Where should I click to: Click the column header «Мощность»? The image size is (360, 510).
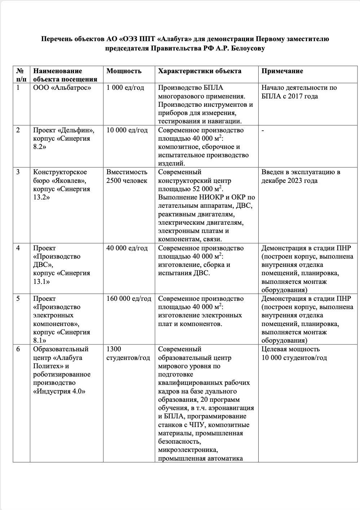tap(124, 71)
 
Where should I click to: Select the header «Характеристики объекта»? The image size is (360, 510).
tap(199, 71)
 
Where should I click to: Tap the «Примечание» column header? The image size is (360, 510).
tap(282, 71)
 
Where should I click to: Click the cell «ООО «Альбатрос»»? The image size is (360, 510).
tap(62, 88)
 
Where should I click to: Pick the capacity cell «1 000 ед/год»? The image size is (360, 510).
tap(125, 88)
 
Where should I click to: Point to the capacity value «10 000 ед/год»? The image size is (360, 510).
tap(127, 130)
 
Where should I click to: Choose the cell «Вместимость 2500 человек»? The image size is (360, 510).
tap(127, 176)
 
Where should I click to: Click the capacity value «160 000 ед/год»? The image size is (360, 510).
tap(129, 299)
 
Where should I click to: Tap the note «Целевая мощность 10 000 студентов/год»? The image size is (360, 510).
tap(294, 353)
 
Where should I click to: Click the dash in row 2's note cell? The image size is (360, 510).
tap(263, 130)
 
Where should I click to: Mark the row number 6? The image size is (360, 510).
tap(18, 349)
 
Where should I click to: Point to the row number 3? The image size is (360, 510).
tap(18, 172)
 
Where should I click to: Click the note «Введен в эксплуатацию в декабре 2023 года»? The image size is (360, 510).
tap(300, 176)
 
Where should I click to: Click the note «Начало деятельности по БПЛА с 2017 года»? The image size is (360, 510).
tap(299, 92)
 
